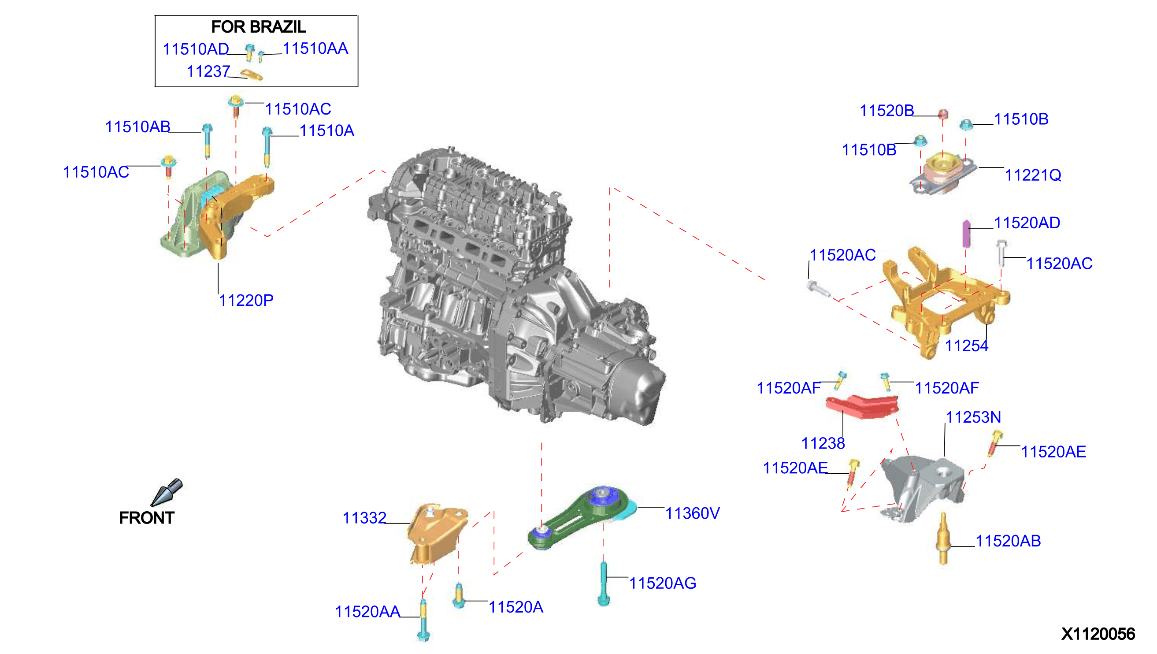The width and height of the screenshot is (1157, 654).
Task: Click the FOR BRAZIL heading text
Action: coord(259,27)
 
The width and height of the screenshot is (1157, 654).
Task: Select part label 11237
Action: coord(208,71)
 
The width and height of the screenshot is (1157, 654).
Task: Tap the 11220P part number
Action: coord(246,301)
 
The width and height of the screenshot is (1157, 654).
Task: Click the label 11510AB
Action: coord(137,127)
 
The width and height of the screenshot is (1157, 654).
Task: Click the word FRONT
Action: coord(146,518)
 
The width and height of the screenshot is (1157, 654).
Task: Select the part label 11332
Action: coord(364,518)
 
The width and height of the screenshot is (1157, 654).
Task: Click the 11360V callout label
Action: coord(692,513)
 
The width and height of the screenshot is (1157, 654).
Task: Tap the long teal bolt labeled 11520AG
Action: coord(604,584)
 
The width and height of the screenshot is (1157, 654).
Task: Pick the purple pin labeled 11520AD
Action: coord(966,234)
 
